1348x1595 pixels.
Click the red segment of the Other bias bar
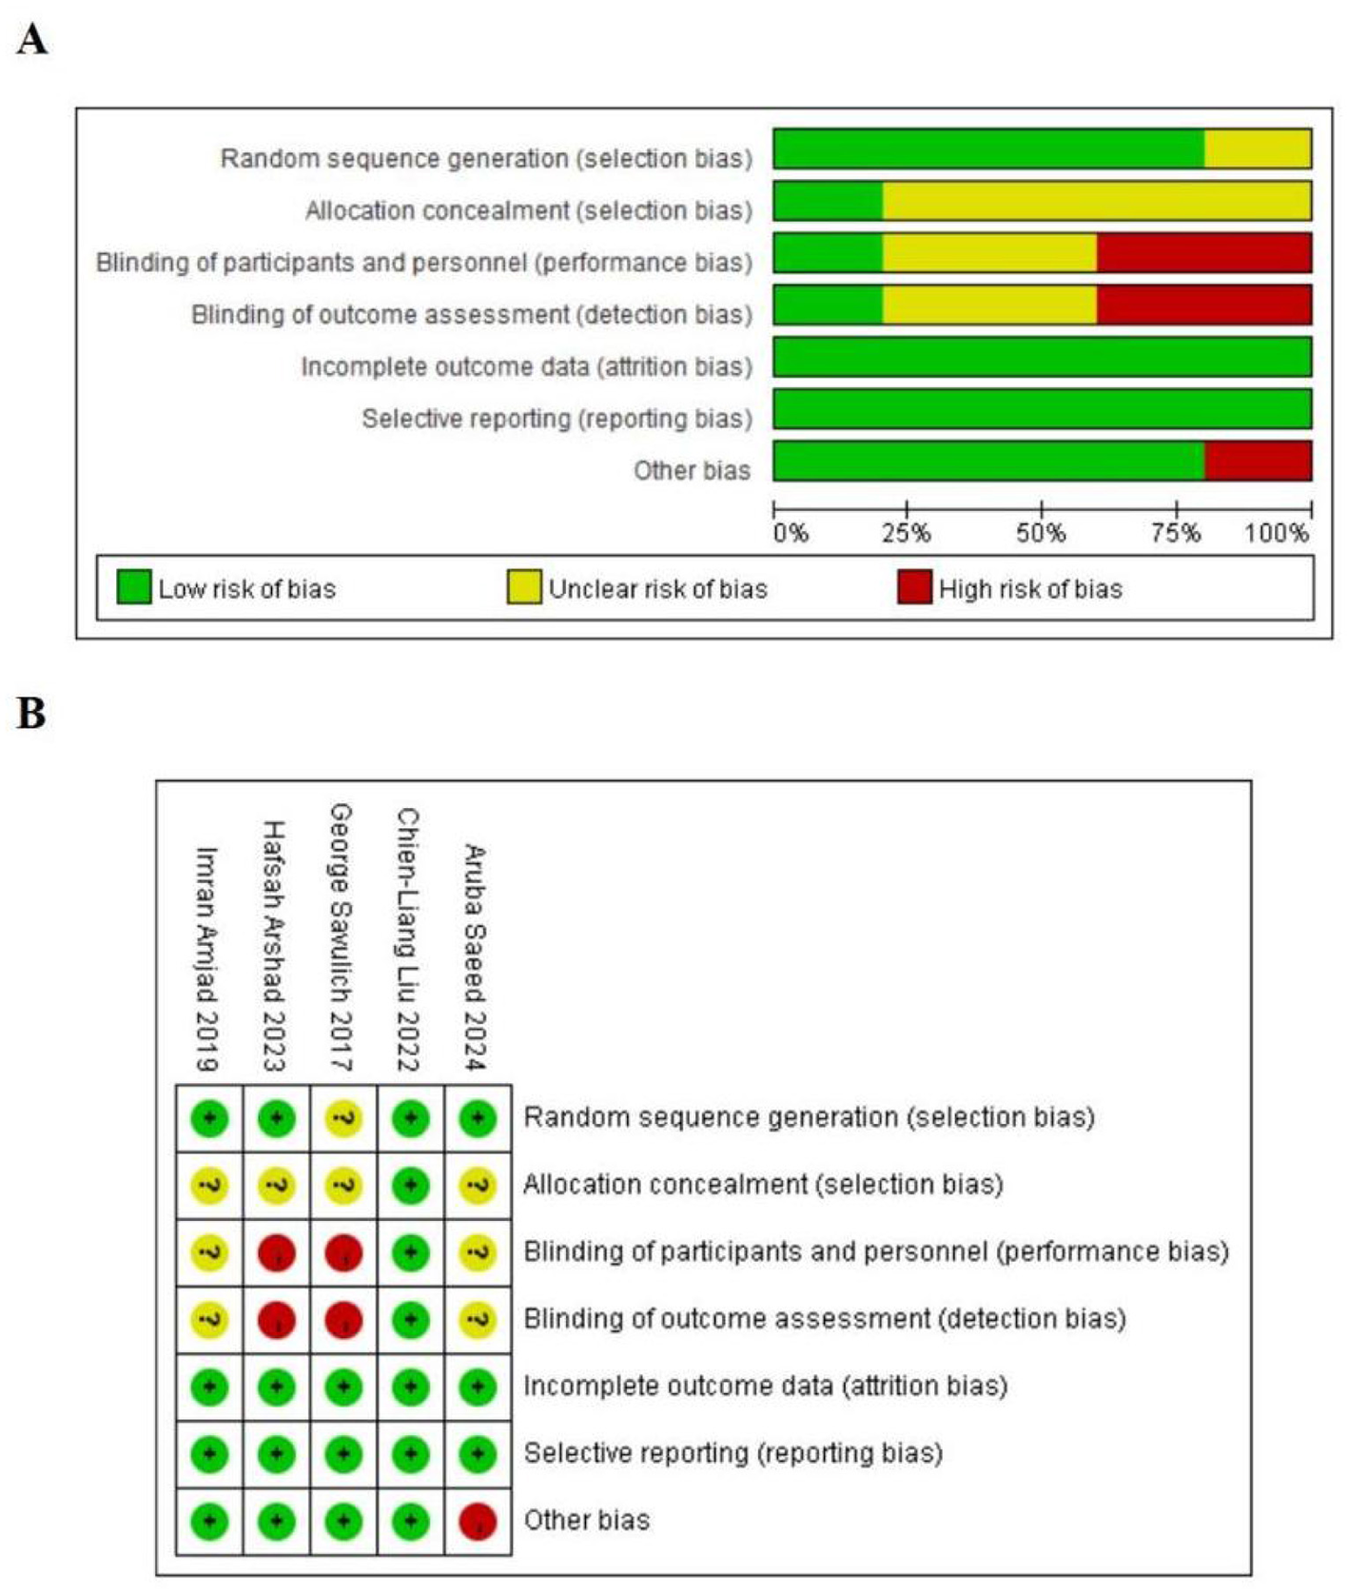tap(1258, 461)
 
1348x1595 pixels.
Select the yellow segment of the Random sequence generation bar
tap(1258, 148)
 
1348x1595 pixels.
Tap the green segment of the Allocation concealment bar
tap(828, 201)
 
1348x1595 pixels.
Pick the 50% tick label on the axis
tap(1041, 533)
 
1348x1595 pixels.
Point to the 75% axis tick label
tap(1176, 533)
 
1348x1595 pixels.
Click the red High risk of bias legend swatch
tap(913, 587)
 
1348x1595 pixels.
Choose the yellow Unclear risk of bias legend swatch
tap(524, 587)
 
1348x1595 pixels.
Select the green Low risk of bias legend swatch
tap(133, 587)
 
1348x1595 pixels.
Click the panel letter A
tap(32, 41)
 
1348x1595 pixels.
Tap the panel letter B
tap(31, 713)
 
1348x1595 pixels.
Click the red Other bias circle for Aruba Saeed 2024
tap(477, 1521)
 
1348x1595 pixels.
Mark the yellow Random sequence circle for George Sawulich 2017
tap(343, 1118)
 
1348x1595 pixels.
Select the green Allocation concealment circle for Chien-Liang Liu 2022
tap(410, 1186)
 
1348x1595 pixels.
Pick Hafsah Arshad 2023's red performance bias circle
tap(277, 1252)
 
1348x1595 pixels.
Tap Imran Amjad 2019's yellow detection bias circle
tap(209, 1320)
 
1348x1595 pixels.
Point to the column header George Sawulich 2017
tap(341, 937)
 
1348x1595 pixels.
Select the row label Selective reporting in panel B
tap(733, 1453)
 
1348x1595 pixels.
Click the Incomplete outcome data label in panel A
tap(526, 366)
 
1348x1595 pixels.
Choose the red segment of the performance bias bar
tap(1203, 253)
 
